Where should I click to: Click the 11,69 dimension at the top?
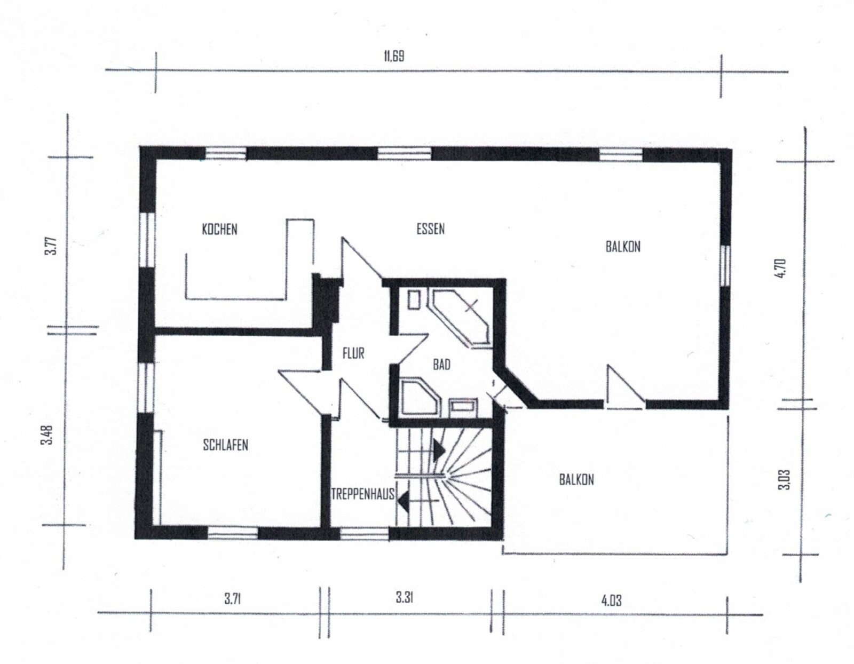(394, 56)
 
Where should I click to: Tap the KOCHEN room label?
(219, 230)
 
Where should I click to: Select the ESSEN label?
(430, 229)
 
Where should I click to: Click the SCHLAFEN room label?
(225, 445)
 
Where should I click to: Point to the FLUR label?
(353, 353)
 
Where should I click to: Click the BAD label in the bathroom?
(441, 365)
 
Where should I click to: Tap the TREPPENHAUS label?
(363, 494)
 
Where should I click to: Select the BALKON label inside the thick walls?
(623, 247)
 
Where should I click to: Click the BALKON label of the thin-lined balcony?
(576, 479)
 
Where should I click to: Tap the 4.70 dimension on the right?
(781, 267)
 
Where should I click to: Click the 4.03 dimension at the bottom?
(611, 600)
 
